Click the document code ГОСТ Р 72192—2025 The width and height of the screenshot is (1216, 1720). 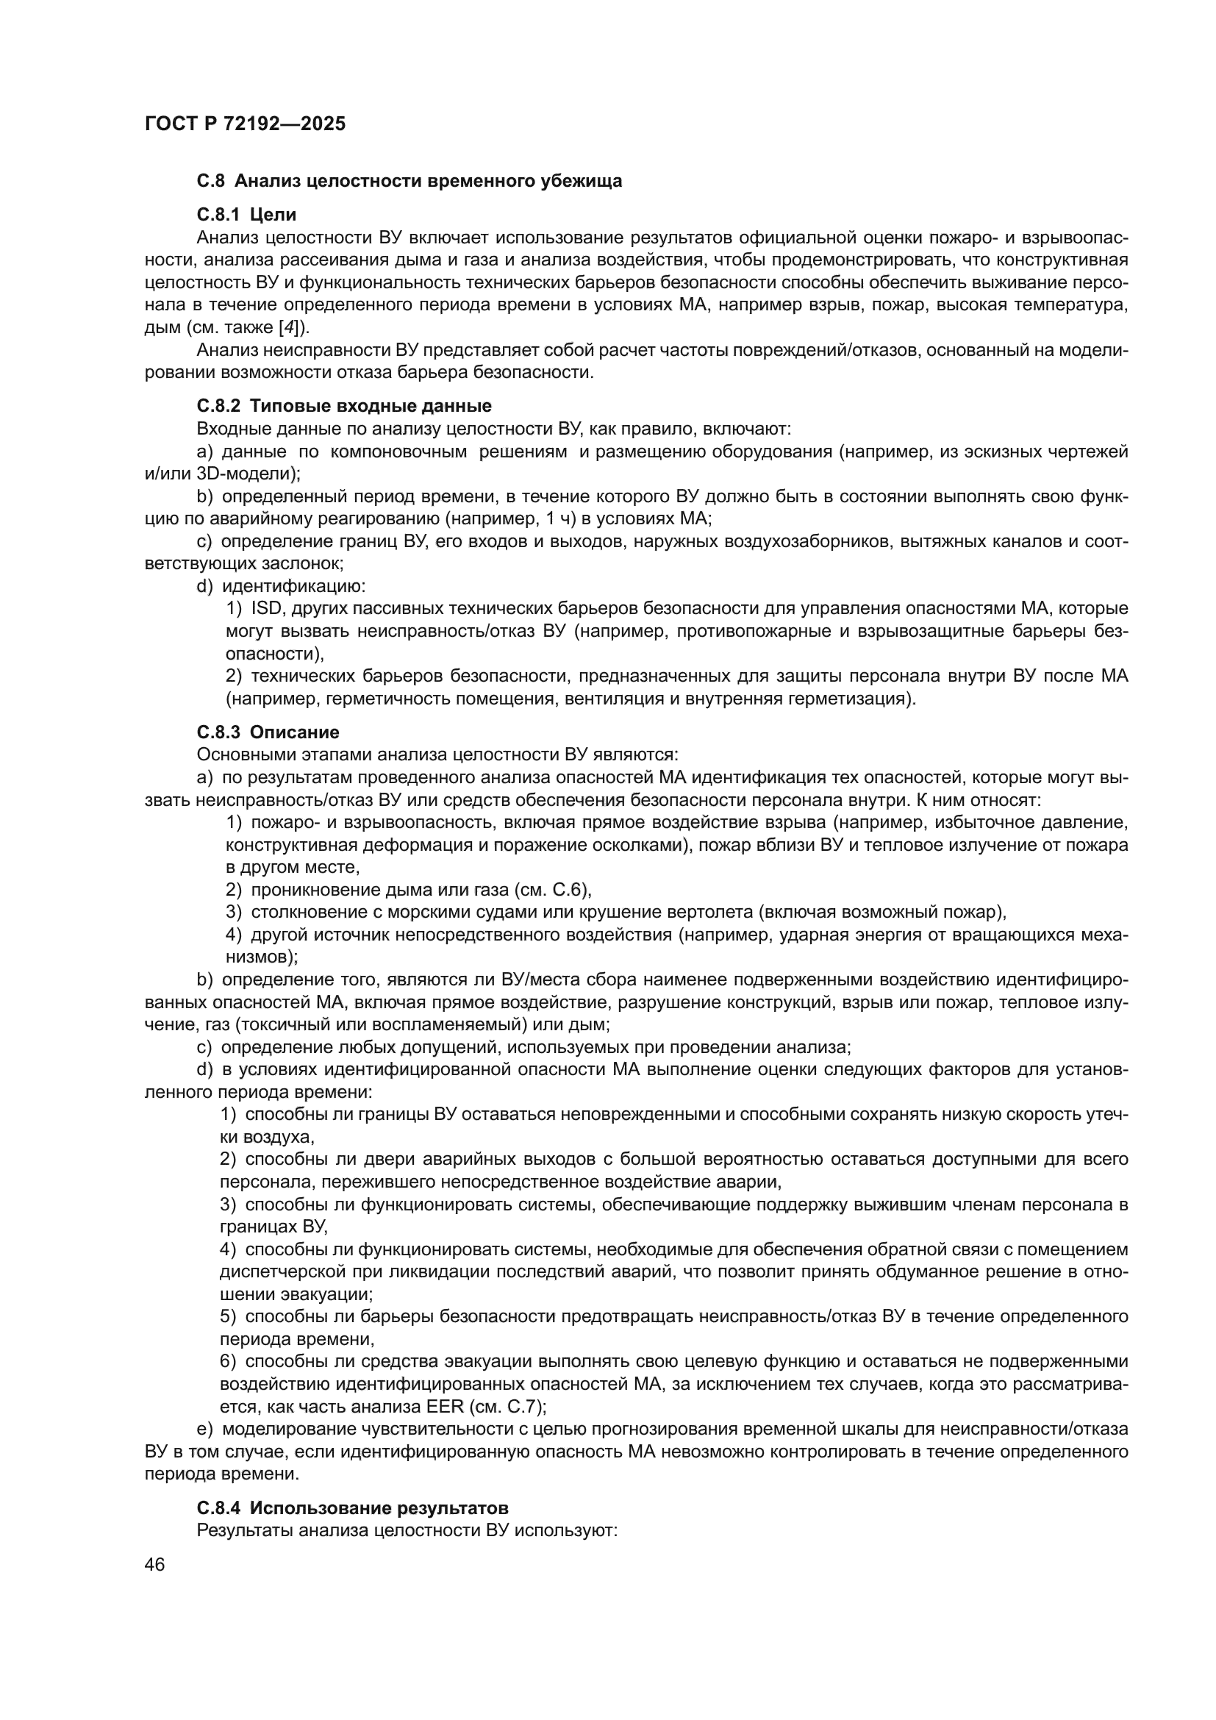pyautogui.click(x=245, y=124)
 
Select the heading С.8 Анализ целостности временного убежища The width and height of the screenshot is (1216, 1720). pyautogui.click(x=409, y=182)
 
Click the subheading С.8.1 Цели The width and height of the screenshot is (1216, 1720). pyautogui.click(x=246, y=215)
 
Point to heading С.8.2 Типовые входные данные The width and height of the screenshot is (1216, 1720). pyautogui.click(x=343, y=406)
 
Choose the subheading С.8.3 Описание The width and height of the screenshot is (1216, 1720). pyautogui.click(x=268, y=732)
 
